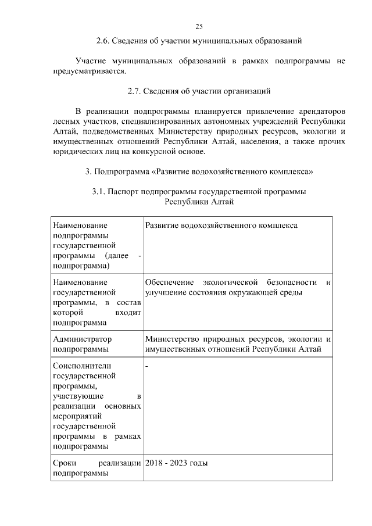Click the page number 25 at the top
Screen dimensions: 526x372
point(199,27)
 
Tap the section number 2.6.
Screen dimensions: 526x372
point(103,41)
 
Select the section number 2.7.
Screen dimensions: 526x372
point(135,91)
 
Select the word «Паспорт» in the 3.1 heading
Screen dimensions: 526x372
point(124,192)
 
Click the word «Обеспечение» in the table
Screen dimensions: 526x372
point(168,282)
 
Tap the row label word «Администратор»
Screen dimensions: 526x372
point(82,339)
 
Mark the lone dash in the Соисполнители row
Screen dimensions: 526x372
point(146,366)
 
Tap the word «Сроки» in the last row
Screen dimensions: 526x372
point(64,463)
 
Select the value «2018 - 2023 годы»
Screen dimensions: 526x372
point(177,463)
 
